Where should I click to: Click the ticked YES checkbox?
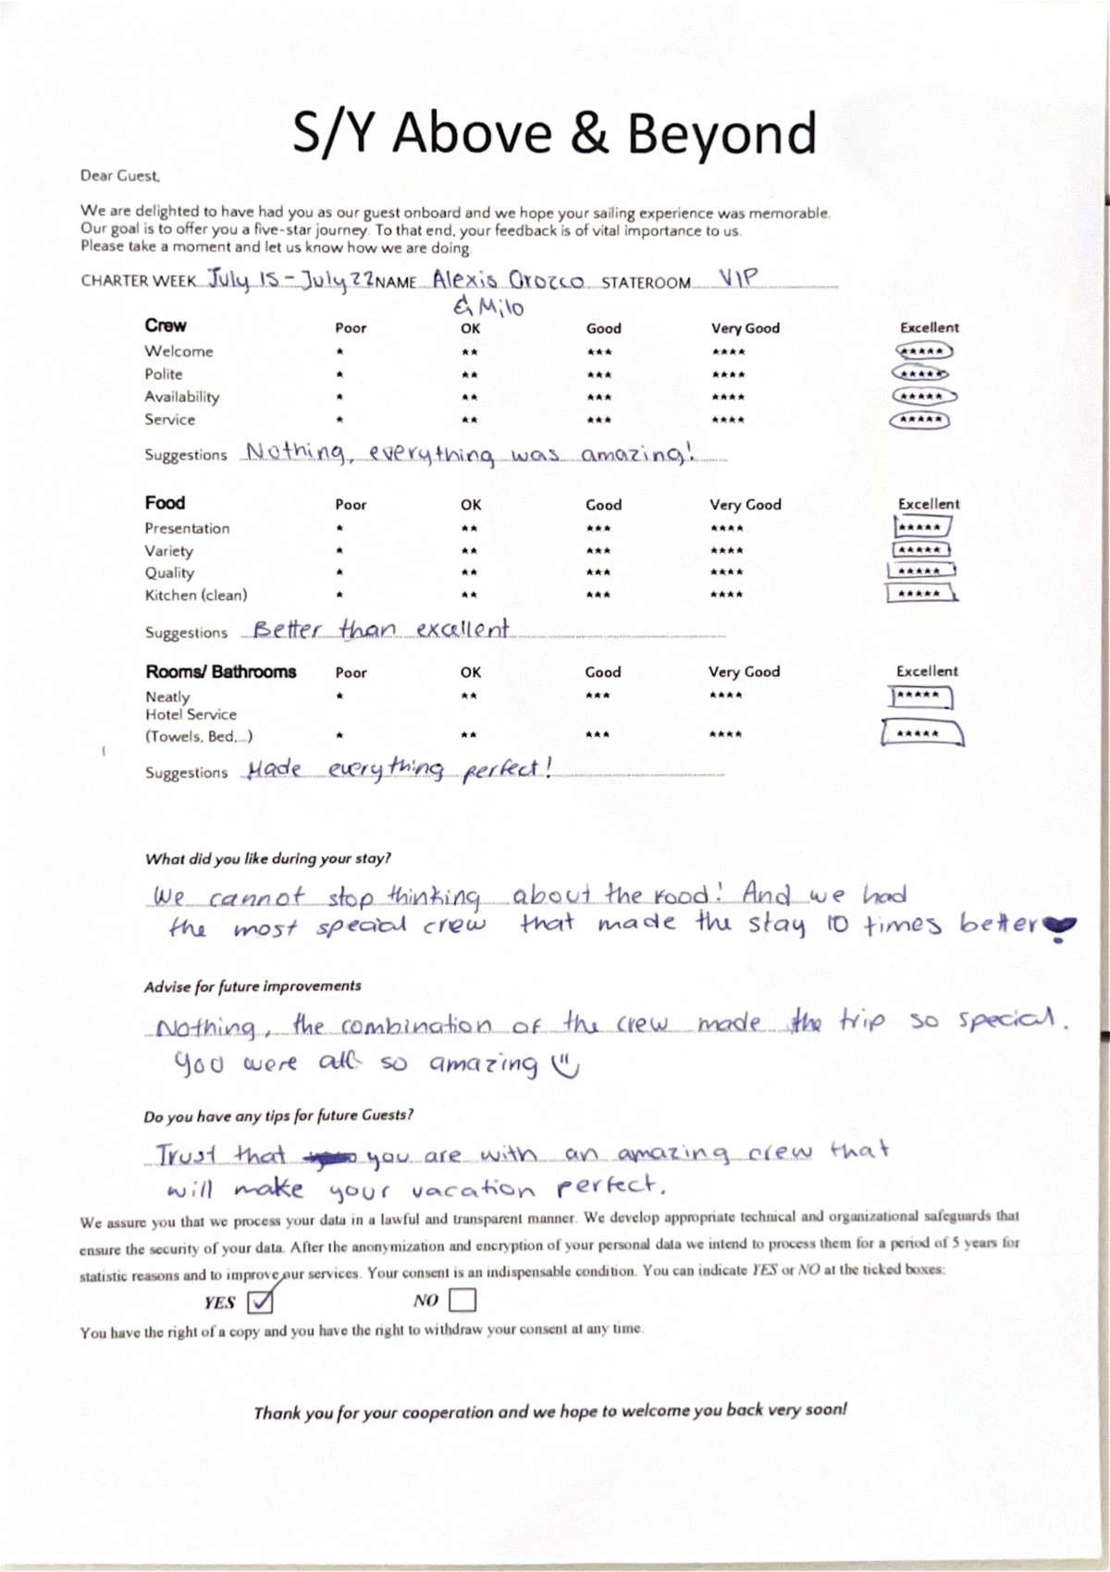[x=261, y=1301]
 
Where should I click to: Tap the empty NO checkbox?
[x=462, y=1300]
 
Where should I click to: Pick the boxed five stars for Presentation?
[x=921, y=527]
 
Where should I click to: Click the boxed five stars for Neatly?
[x=920, y=695]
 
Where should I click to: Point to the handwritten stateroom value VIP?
[x=738, y=277]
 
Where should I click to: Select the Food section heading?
[x=165, y=502]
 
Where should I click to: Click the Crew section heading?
[x=165, y=325]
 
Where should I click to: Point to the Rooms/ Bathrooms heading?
[x=220, y=671]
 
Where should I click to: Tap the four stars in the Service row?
[x=728, y=420]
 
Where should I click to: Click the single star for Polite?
[x=340, y=375]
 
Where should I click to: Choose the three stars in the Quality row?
[x=598, y=572]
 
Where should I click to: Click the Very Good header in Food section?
[x=745, y=505]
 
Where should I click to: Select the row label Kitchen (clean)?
[x=195, y=596]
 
